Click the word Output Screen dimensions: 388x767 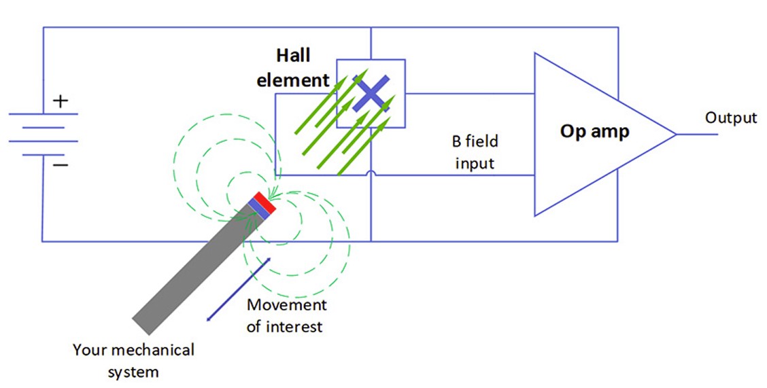[x=730, y=118]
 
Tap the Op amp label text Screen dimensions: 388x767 [x=594, y=131]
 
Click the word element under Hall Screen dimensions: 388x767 [x=292, y=81]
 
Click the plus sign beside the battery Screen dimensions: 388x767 [x=61, y=102]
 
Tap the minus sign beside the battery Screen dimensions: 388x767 [x=61, y=164]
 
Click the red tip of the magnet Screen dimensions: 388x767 [x=265, y=200]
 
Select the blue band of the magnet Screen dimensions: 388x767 [x=258, y=207]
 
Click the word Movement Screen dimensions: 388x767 [x=286, y=305]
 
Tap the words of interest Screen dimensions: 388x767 [x=284, y=327]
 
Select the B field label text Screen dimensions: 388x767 [x=475, y=142]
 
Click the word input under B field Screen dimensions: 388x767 [x=475, y=164]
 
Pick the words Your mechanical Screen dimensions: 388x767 [x=133, y=351]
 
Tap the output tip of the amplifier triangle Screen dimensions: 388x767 [x=675, y=134]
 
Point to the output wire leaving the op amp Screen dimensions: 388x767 [x=696, y=134]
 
